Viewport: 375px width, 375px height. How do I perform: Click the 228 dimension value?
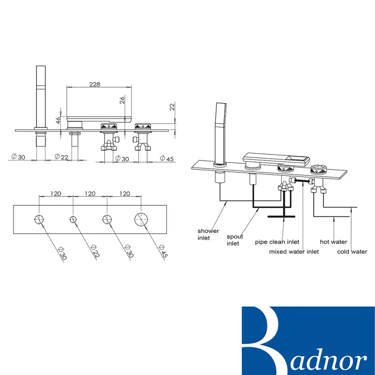click(x=95, y=84)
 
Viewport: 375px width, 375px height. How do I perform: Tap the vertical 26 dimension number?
click(x=122, y=100)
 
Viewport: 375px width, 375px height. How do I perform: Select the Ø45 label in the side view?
click(x=167, y=158)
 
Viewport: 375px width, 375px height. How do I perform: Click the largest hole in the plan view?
click(x=142, y=219)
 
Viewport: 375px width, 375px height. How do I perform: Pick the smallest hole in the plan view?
click(x=74, y=219)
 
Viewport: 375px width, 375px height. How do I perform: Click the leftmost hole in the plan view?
click(x=39, y=219)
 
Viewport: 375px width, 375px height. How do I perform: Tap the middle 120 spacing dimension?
click(x=90, y=193)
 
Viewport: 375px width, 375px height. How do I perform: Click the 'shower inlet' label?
click(x=208, y=234)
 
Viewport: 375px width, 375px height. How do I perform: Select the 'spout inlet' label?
click(x=235, y=240)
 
